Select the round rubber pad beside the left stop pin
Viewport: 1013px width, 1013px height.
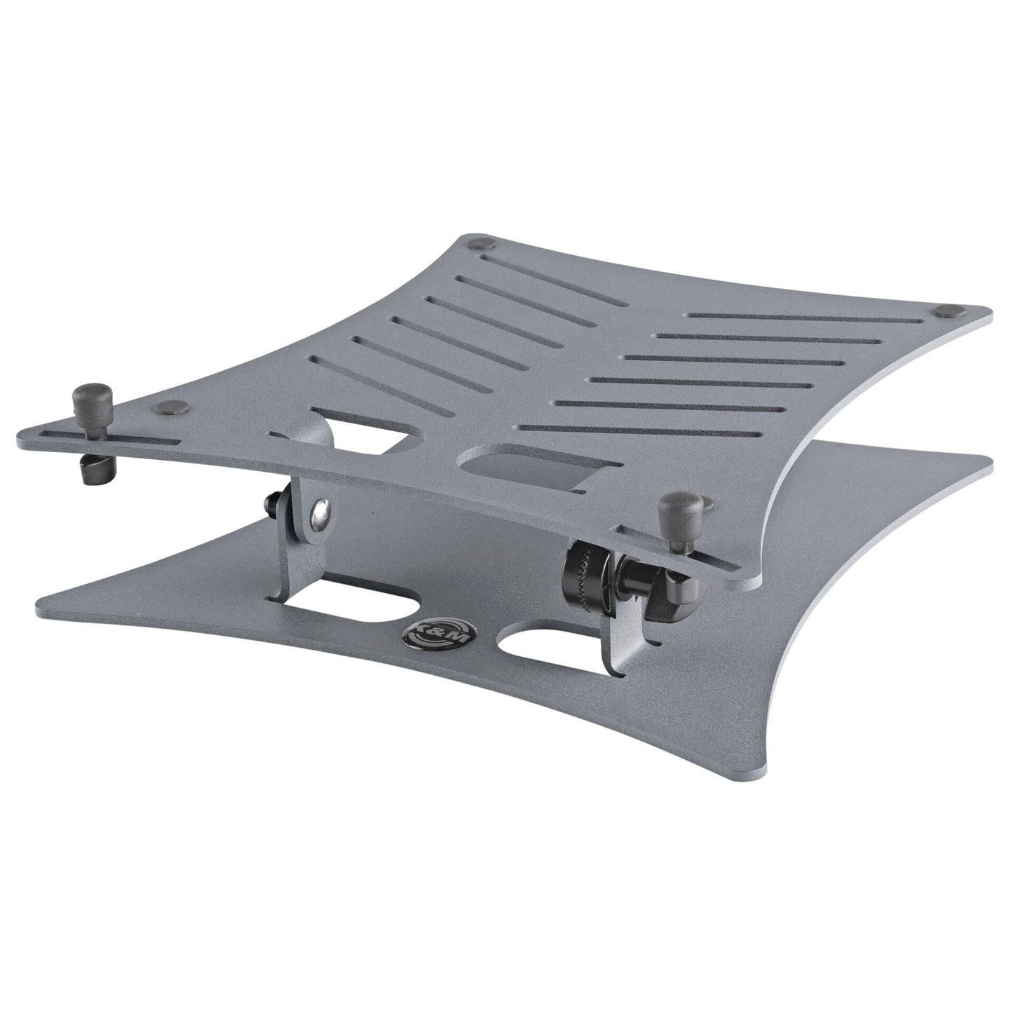click(168, 405)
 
